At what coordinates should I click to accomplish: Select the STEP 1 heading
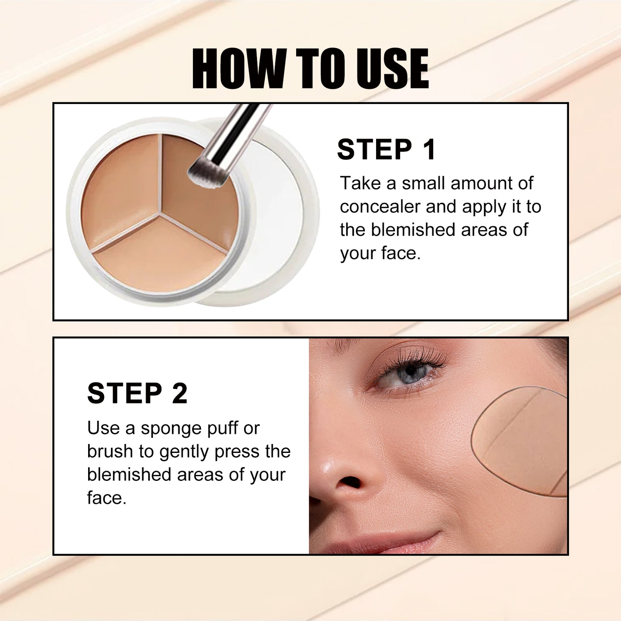[x=386, y=150]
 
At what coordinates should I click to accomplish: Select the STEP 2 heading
[x=137, y=393]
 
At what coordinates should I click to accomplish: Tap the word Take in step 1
[x=360, y=184]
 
